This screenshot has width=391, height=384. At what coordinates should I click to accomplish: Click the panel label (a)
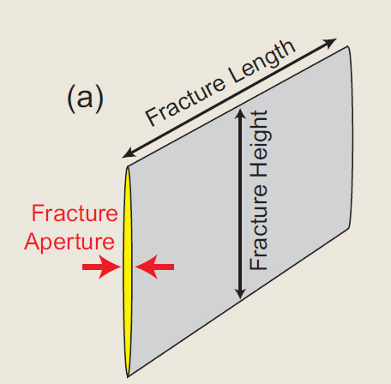tap(85, 99)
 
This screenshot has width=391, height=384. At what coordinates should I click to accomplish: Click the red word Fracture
tap(75, 213)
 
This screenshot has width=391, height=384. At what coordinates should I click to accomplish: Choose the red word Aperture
tap(69, 243)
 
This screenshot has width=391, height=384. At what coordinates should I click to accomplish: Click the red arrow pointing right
tap(101, 267)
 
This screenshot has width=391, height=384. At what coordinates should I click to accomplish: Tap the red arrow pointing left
tap(154, 267)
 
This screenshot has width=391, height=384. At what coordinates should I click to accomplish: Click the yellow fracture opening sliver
tap(128, 272)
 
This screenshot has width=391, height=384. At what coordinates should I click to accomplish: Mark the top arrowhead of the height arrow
tap(240, 113)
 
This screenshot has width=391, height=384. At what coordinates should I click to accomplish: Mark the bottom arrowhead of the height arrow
tap(240, 294)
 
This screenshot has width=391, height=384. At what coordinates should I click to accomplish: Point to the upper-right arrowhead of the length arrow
tap(330, 42)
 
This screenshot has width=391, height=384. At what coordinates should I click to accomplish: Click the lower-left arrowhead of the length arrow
tap(128, 153)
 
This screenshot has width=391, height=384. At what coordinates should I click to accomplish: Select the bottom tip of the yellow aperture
tap(128, 376)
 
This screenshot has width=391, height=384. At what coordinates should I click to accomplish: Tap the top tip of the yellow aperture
tap(128, 167)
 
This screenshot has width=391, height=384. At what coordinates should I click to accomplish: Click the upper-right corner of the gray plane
tap(348, 46)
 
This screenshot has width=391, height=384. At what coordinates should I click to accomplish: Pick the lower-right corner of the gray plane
tap(350, 228)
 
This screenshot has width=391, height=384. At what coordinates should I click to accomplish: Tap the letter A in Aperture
tap(33, 241)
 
